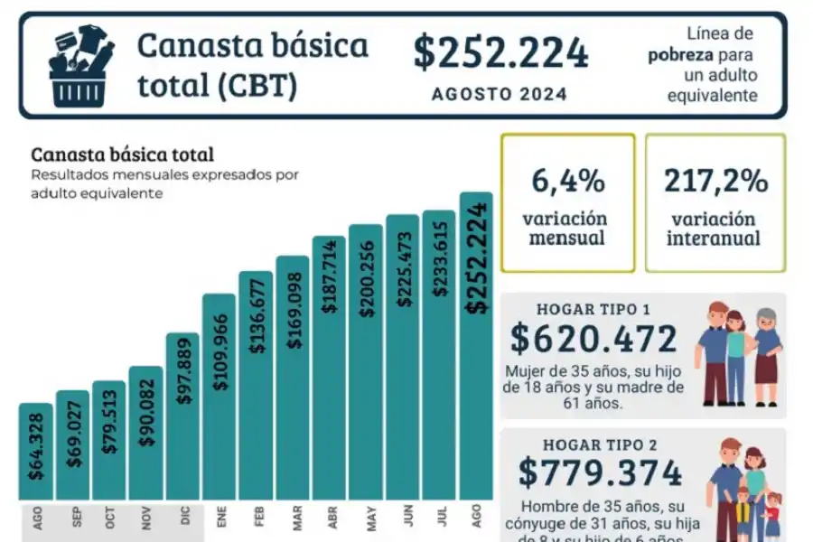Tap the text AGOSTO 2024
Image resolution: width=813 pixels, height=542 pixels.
click(500, 94)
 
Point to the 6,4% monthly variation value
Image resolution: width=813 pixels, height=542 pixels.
click(567, 181)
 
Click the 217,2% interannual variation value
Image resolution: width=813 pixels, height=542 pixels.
click(715, 181)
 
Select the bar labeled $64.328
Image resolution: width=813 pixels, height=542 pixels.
click(35, 452)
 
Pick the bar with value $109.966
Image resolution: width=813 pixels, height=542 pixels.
click(219, 397)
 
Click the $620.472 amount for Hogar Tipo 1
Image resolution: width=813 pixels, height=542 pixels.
click(593, 340)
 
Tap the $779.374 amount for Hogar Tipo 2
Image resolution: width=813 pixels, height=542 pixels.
click(600, 472)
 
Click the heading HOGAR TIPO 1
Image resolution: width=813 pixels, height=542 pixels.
click(593, 308)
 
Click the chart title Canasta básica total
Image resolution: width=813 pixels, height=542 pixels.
click(122, 154)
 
